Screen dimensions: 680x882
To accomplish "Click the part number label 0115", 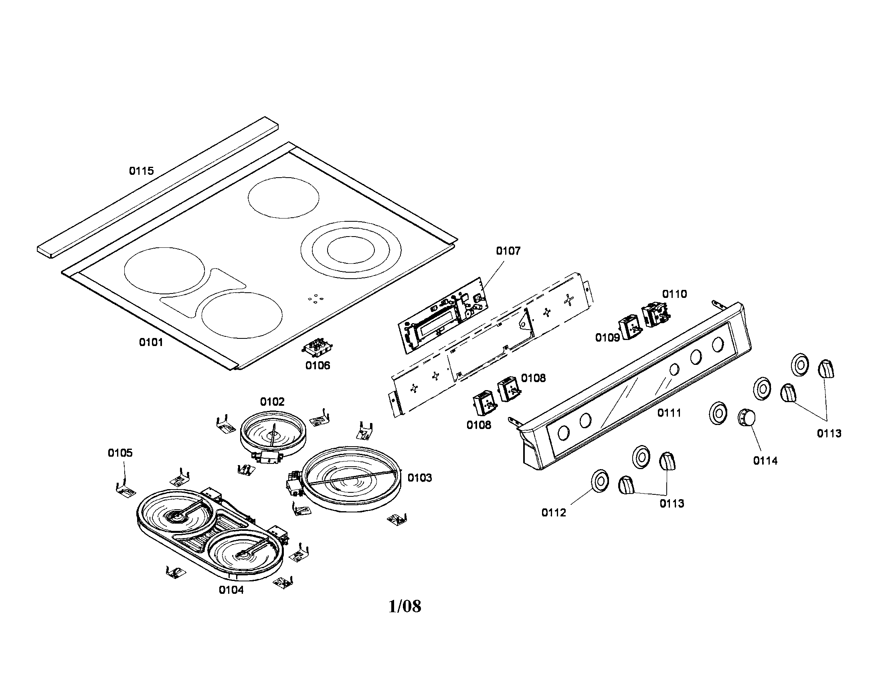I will coord(142,171).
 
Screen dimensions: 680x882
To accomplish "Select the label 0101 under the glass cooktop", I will coord(151,342).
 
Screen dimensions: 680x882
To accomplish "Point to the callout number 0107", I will coord(508,251).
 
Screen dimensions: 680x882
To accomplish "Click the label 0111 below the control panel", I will coord(669,413).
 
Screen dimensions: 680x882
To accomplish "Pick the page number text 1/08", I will coord(405,606).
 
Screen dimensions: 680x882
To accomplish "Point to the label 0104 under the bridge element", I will coord(231,590).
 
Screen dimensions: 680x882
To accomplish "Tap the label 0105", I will coord(120,453).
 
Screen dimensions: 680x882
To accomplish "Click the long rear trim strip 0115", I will coord(158,186).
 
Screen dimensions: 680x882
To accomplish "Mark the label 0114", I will coord(765,460).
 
